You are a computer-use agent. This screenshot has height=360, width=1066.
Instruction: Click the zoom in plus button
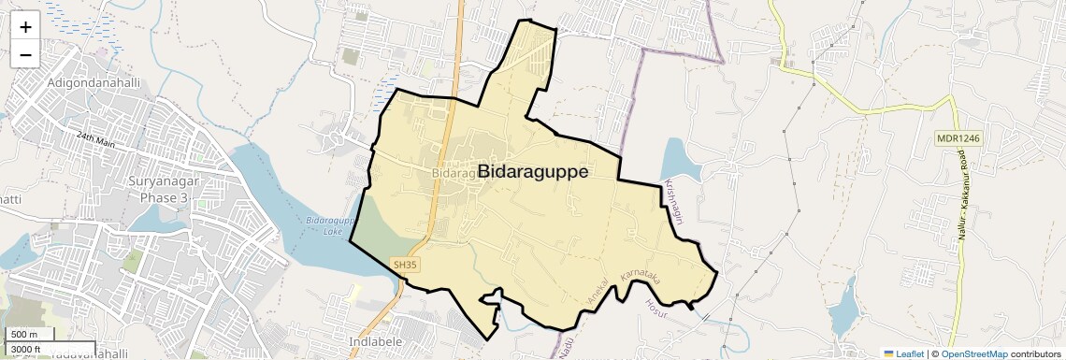click(25, 26)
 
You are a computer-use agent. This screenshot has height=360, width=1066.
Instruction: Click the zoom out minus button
click(25, 54)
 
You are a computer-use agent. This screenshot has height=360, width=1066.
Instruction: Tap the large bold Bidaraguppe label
click(533, 172)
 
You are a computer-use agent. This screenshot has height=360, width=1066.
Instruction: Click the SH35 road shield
click(405, 266)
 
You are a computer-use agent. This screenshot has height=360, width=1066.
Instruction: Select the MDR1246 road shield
click(958, 138)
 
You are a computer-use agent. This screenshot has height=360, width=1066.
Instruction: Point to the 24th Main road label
click(100, 137)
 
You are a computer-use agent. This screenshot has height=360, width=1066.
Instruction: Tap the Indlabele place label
click(375, 341)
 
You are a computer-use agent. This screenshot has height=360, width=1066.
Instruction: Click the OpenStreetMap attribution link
click(973, 353)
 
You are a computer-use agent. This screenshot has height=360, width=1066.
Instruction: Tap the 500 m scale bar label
click(25, 335)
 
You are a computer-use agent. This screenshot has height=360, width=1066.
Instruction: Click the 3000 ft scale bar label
click(27, 349)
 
